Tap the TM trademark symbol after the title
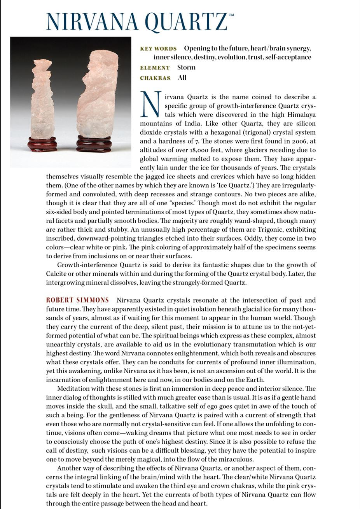232,15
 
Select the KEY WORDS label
158,49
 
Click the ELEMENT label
155,68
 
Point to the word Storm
186,67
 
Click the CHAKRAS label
155,78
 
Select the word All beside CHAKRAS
182,77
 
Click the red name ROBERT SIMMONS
77,300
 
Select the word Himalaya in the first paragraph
301,115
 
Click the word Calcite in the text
56,274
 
